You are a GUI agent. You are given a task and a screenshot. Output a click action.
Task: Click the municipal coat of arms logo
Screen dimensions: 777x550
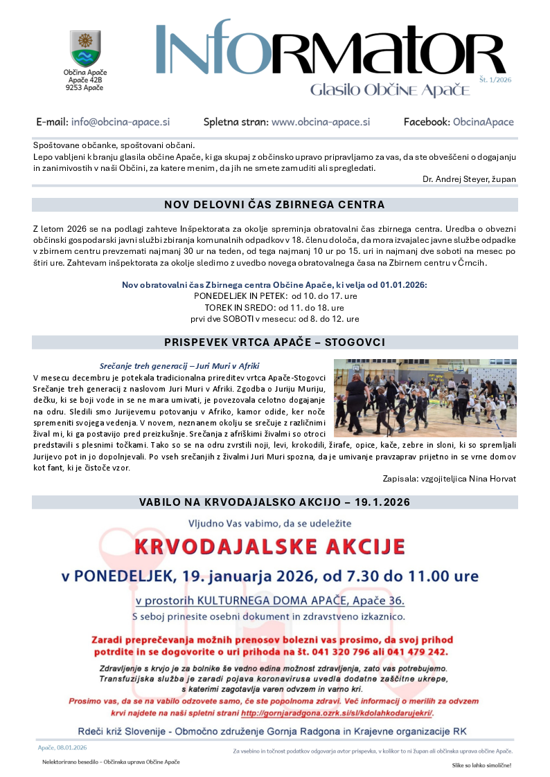pos(85,48)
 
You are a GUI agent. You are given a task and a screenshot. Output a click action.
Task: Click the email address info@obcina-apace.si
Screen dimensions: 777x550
pos(120,122)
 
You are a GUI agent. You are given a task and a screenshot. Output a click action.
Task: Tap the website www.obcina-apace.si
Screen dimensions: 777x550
pos(321,122)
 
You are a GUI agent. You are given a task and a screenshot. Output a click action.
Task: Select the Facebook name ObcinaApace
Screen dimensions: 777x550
pos(484,122)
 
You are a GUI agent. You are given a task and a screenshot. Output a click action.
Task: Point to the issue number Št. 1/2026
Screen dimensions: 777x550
pos(495,80)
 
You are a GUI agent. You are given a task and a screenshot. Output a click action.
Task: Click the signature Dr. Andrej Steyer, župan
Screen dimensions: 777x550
pos(469,179)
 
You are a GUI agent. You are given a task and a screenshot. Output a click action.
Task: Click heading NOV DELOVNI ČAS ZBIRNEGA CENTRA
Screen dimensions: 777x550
pos(274,205)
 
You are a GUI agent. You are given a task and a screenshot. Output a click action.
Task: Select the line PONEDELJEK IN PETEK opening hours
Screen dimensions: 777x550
pos(274,295)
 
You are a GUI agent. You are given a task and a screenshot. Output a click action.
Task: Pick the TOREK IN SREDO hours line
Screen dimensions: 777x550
pos(274,307)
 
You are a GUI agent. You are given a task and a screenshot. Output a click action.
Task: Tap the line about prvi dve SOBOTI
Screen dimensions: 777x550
pos(274,319)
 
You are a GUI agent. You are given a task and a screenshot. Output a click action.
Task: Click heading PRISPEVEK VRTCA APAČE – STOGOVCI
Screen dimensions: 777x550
pos(274,342)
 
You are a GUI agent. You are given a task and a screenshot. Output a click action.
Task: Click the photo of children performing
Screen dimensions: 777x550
pos(425,398)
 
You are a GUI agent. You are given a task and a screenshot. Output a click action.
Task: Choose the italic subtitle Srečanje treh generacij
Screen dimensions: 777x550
pos(179,365)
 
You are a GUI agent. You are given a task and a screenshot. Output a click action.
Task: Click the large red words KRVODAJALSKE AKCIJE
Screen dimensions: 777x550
pos(269,547)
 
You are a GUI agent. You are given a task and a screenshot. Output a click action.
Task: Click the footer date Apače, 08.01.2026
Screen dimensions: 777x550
pos(62,747)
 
